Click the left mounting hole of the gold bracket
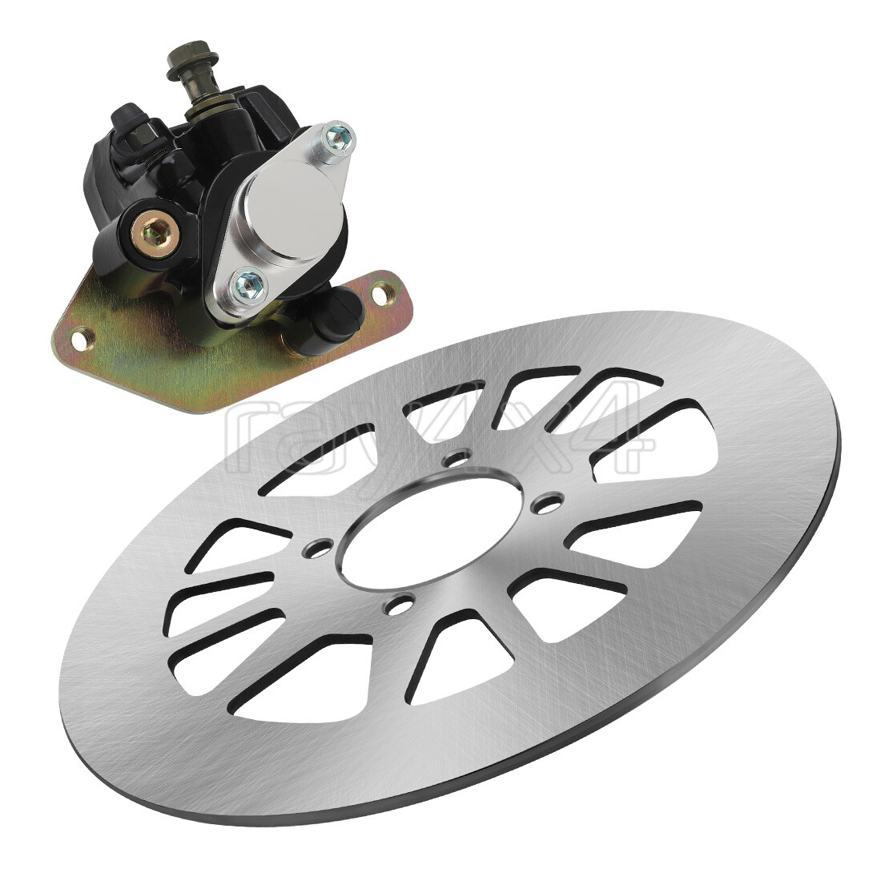click(78, 340)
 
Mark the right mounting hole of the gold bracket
click(385, 294)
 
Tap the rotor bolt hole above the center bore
click(458, 459)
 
